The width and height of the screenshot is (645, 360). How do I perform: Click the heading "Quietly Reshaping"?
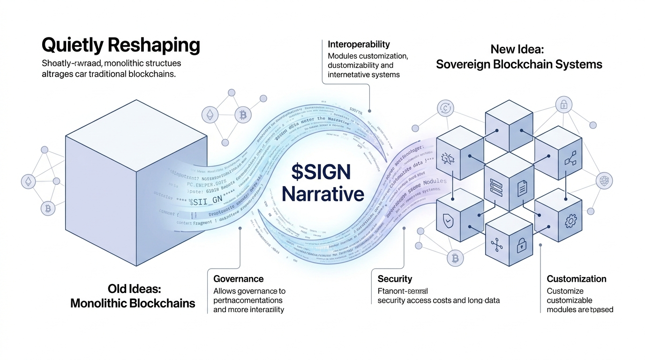tap(120, 45)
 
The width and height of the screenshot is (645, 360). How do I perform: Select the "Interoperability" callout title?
tap(359, 45)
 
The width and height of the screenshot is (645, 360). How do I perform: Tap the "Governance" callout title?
tap(238, 279)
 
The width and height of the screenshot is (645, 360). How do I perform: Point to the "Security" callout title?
tap(395, 279)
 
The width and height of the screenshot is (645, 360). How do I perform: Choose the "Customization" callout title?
tap(576, 279)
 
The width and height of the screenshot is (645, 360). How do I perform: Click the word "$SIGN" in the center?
tap(321, 172)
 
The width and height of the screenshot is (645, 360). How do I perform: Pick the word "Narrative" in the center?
tap(323, 194)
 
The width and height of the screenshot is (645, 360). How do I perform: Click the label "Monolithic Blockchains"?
tap(133, 303)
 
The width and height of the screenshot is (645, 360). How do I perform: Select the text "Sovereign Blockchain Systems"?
tap(519, 64)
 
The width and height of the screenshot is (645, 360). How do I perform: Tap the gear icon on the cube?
tap(571, 220)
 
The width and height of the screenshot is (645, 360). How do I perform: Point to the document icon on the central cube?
tap(522, 188)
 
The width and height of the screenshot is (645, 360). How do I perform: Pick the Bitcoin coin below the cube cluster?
tap(454, 257)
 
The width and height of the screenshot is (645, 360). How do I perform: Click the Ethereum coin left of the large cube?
tap(29, 181)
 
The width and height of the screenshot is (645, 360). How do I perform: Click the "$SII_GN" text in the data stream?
tap(205, 202)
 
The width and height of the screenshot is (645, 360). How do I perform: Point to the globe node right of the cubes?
tap(604, 180)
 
